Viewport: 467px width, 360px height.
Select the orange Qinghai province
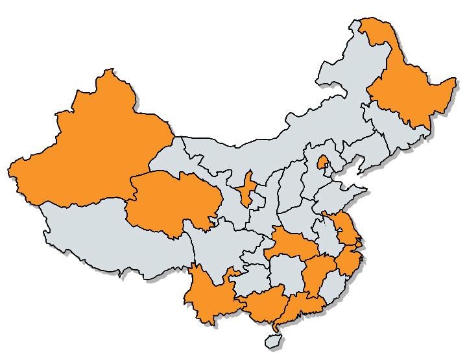(172, 201)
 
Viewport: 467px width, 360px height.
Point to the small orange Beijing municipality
(321, 162)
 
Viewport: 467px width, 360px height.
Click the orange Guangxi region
(263, 305)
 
